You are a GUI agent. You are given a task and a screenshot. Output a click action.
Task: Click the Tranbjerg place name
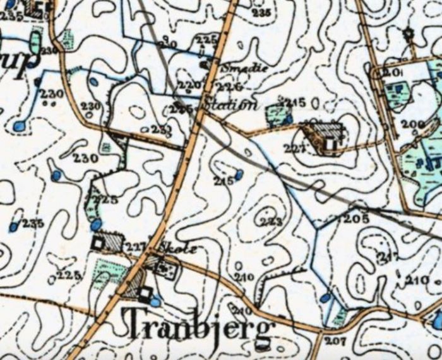(201, 326)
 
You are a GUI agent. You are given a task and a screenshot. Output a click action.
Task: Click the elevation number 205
(355, 219)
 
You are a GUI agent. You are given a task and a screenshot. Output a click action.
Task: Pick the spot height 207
(335, 341)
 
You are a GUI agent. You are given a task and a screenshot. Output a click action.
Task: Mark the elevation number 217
(388, 256)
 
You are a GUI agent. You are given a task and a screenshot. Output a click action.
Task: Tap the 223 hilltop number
(270, 222)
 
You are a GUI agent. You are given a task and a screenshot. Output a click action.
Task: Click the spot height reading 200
(413, 124)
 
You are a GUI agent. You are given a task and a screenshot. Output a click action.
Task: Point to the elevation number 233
(162, 129)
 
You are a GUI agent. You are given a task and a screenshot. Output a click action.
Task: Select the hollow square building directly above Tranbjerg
(145, 292)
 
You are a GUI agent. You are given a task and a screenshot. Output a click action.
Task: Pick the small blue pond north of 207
(325, 297)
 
